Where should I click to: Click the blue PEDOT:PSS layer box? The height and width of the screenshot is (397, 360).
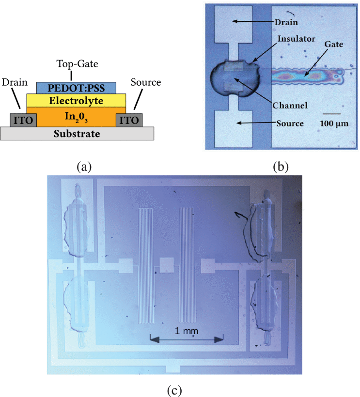coord(77,88)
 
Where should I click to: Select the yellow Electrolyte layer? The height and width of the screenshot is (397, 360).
coord(77,100)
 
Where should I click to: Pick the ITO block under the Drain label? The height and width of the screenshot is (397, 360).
coord(24,120)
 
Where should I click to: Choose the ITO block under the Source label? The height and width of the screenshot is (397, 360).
coord(129,120)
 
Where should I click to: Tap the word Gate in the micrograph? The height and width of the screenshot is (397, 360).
coord(334,44)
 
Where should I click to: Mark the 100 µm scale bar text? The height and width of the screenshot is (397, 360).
coord(333,123)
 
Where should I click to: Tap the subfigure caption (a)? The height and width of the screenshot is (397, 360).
coord(84,167)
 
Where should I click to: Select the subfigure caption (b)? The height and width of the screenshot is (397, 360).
coord(281,167)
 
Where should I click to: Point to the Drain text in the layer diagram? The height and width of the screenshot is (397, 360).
coord(15,82)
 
